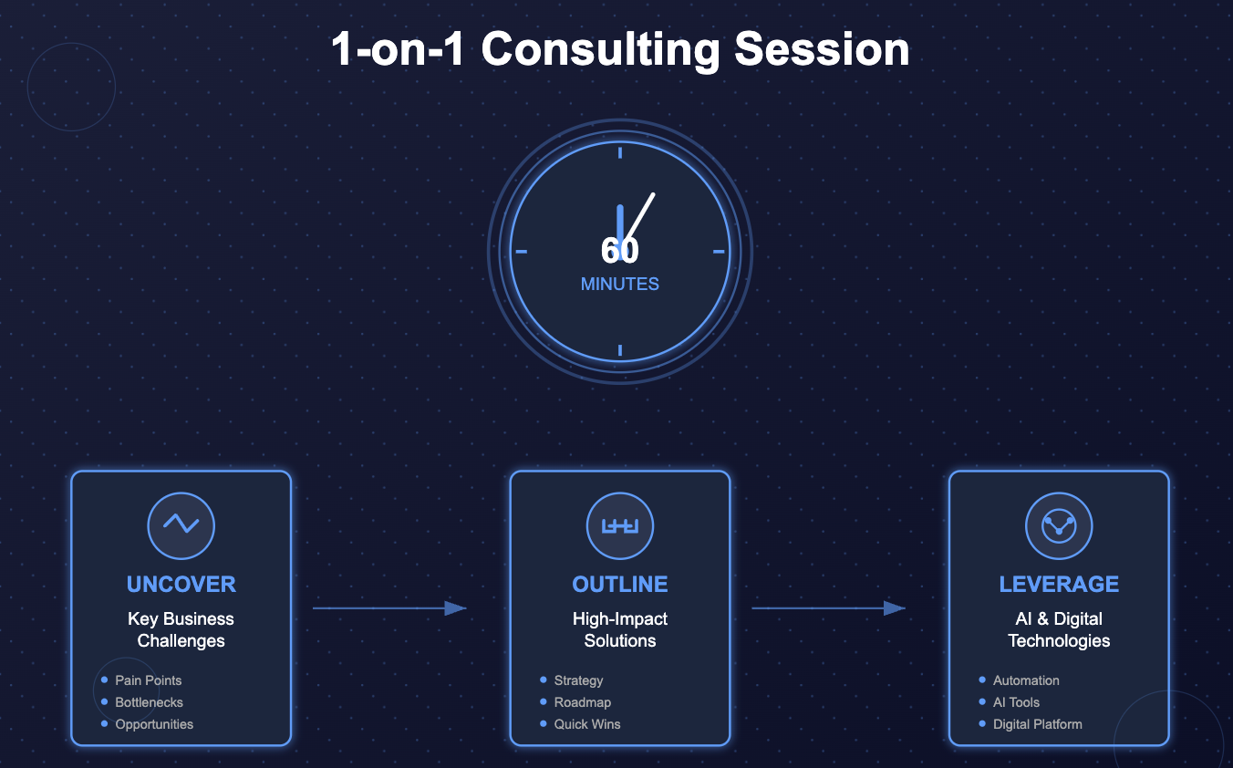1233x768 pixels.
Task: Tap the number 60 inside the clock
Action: (x=620, y=251)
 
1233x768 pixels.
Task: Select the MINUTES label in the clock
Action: (x=620, y=285)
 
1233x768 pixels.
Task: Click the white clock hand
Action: (x=641, y=215)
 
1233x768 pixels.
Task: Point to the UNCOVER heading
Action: (x=181, y=585)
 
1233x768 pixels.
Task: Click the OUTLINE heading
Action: (x=620, y=585)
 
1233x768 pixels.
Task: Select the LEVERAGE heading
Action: (x=1059, y=585)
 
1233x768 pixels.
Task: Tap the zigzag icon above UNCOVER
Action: (x=181, y=524)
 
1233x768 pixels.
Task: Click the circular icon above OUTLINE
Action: (x=620, y=525)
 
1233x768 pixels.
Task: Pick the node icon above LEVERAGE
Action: (x=1059, y=525)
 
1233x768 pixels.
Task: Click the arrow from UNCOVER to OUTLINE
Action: (x=389, y=608)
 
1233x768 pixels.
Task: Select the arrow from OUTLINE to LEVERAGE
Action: (x=828, y=608)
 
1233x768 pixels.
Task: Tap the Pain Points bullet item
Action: (x=148, y=680)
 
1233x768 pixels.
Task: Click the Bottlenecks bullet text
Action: (x=149, y=702)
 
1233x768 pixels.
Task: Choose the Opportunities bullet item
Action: (x=154, y=724)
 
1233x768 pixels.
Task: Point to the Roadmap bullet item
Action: (x=582, y=702)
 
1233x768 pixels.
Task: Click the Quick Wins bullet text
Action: (x=586, y=724)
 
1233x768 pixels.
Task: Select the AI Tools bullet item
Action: (x=1016, y=702)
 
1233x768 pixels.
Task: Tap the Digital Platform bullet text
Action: (x=1037, y=724)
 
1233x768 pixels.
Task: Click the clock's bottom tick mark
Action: (x=620, y=350)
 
